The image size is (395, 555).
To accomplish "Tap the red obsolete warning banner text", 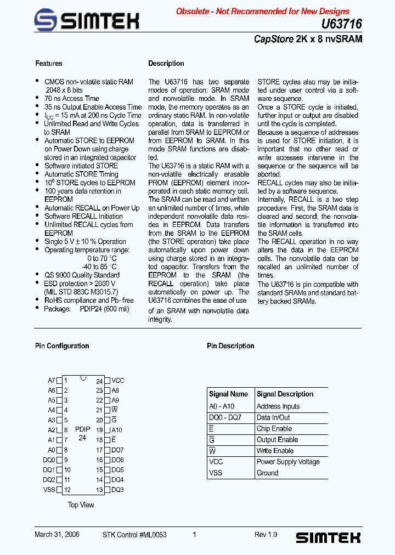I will [x=262, y=11].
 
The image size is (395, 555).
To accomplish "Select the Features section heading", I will [x=49, y=64].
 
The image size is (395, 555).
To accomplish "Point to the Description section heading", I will [x=166, y=64].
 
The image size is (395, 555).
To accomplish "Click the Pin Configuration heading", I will [x=62, y=346].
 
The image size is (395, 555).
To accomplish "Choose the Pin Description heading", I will [x=230, y=346].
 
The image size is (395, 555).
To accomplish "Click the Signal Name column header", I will [x=228, y=394].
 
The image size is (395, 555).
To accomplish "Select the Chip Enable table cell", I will [x=274, y=429].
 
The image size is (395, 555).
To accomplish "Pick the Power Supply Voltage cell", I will [x=288, y=462].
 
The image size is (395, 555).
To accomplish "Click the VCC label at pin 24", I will [x=118, y=381].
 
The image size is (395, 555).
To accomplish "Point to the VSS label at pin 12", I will [x=49, y=490].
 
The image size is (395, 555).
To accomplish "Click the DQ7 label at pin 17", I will [x=117, y=450].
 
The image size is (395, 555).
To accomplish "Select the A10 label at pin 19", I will [x=117, y=431].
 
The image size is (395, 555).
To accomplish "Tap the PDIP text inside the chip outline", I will [x=83, y=430].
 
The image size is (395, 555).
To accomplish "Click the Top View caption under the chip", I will [x=81, y=505].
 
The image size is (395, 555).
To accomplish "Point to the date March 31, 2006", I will [x=57, y=535].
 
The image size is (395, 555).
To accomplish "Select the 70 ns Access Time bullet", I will [x=72, y=99].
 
